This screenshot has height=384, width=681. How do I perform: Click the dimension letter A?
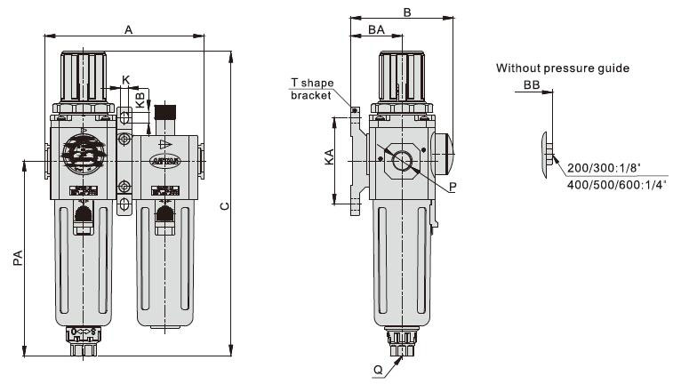[x=129, y=29]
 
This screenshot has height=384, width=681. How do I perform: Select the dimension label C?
[x=225, y=206]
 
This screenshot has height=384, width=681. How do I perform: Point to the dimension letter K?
[x=125, y=80]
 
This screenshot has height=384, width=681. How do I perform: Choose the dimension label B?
[x=406, y=12]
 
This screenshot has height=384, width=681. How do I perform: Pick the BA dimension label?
[x=376, y=30]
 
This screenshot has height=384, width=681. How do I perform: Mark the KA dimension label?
[x=330, y=157]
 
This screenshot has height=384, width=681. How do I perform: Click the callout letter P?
[x=453, y=188]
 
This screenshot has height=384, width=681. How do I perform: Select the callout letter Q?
[x=379, y=368]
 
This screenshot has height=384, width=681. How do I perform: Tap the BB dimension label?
[x=532, y=84]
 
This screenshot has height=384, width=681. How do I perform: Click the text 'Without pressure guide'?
[x=563, y=68]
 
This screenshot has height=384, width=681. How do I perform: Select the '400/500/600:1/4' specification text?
[x=609, y=184]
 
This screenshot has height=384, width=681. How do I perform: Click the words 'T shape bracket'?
[x=310, y=89]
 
